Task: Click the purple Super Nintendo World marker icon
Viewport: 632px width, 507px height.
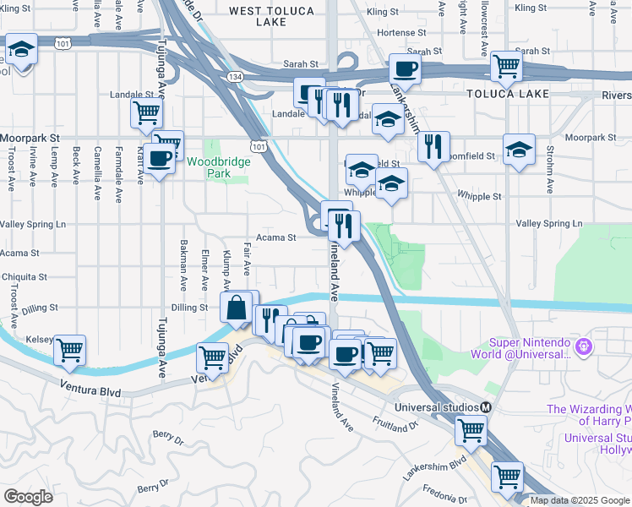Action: [582, 346]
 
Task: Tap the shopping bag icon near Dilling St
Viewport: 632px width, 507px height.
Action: [237, 308]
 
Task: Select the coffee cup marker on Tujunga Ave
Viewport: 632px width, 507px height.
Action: [159, 157]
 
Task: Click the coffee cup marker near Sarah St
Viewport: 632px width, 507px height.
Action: [404, 69]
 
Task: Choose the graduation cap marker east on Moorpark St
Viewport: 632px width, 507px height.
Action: [519, 150]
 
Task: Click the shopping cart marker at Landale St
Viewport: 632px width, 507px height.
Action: [146, 112]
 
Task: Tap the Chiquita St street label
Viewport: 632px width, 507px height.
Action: [24, 276]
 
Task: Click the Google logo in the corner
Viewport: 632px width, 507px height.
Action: [29, 496]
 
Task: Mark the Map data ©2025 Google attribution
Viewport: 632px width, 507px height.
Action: [580, 500]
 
